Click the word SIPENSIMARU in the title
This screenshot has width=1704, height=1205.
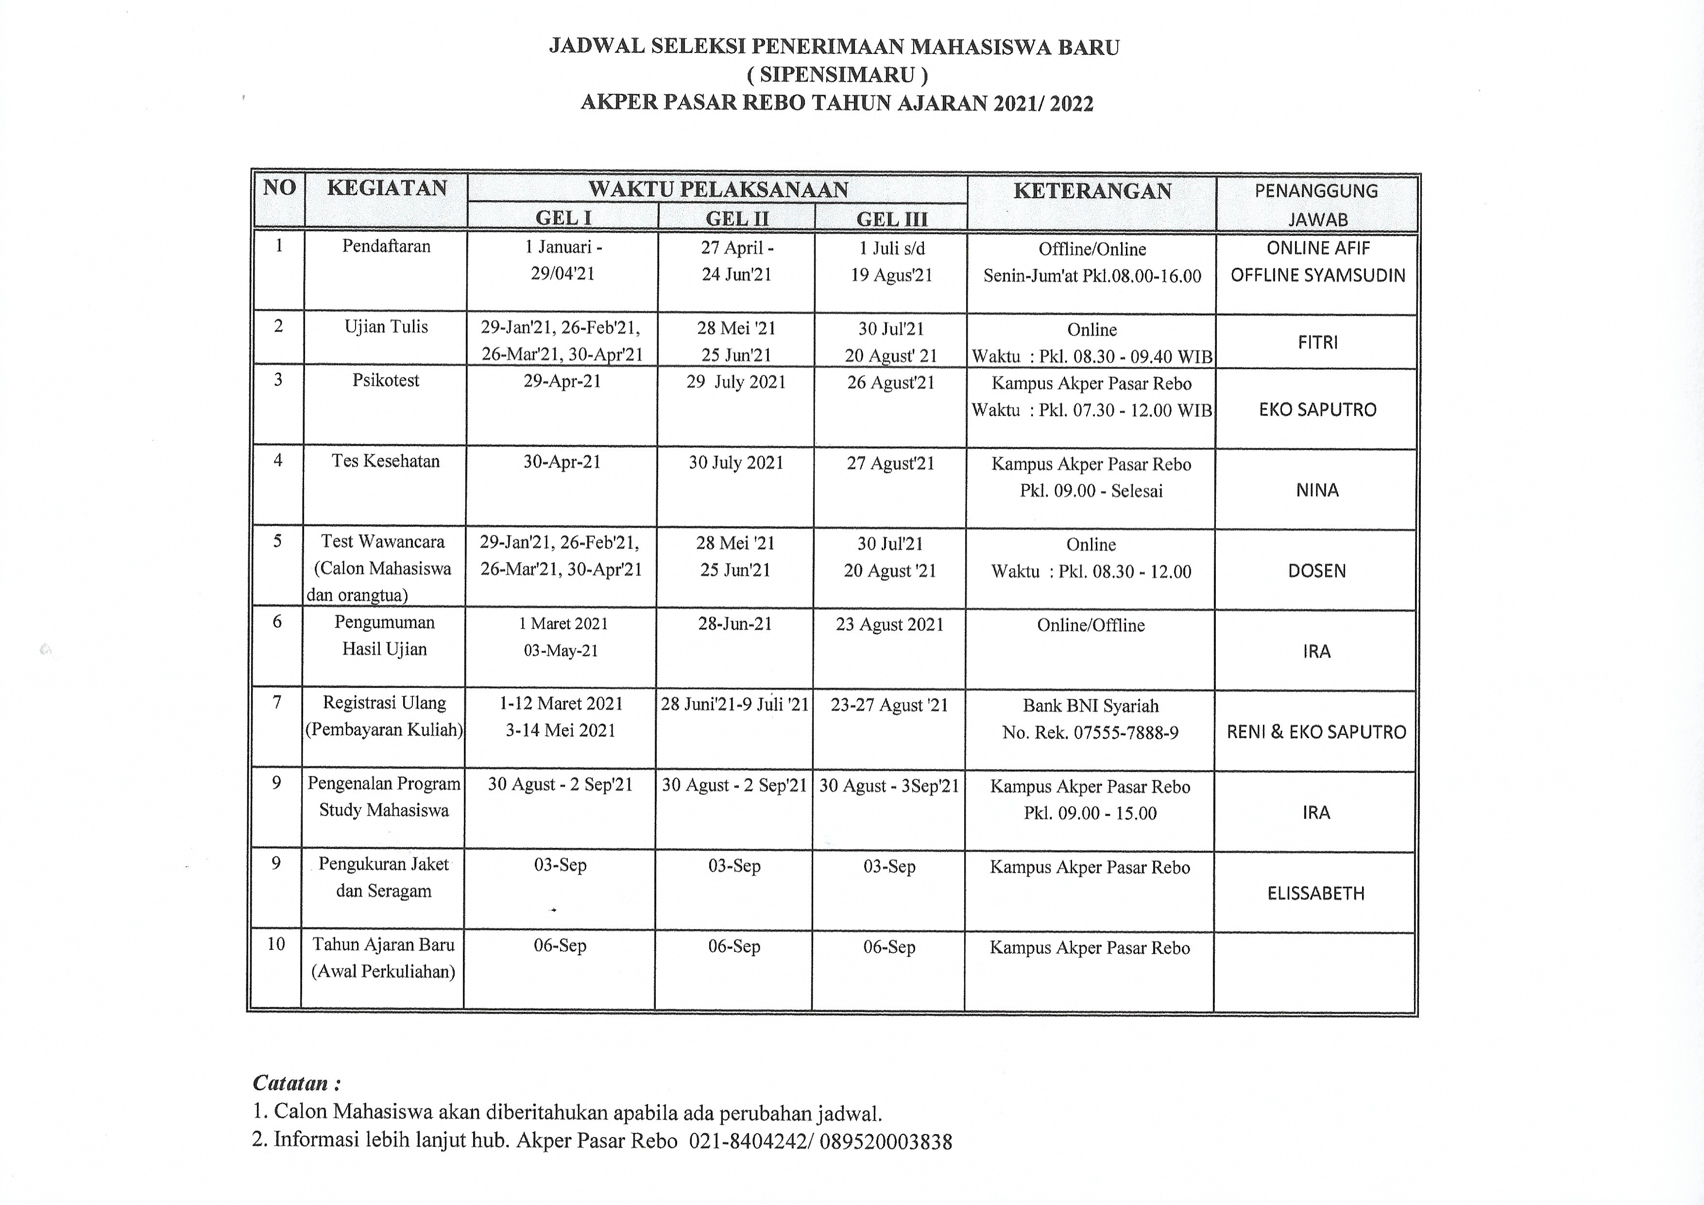tap(836, 75)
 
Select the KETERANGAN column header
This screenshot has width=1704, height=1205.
tap(1092, 191)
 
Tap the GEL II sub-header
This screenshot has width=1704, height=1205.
tap(736, 218)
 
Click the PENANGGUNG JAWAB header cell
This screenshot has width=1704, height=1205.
tap(1316, 204)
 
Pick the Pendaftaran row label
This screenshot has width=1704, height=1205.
tap(386, 246)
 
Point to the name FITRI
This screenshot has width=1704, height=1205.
tap(1317, 342)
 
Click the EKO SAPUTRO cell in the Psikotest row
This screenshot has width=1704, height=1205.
tap(1317, 410)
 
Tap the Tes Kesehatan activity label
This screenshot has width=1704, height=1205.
tap(385, 461)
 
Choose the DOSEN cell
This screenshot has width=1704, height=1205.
tap(1316, 571)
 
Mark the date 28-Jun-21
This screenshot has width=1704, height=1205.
tap(735, 624)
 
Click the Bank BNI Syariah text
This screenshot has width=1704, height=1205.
tap(1090, 706)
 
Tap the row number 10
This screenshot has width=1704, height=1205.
tap(276, 945)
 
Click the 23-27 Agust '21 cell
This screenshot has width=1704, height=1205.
tap(889, 705)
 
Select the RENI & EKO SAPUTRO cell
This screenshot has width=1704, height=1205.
tap(1316, 732)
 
